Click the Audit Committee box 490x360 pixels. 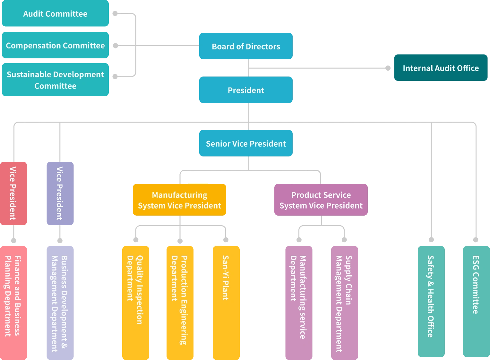pyautogui.click(x=56, y=14)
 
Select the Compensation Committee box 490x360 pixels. pyautogui.click(x=56, y=46)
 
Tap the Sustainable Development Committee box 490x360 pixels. pyautogui.click(x=56, y=80)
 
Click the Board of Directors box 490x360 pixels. pyautogui.click(x=246, y=47)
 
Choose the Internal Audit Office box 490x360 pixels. pyautogui.click(x=440, y=68)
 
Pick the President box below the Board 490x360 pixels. pyautogui.click(x=246, y=90)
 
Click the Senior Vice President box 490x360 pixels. pyautogui.click(x=246, y=143)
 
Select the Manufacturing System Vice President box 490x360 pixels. pyautogui.click(x=180, y=200)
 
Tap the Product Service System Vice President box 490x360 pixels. pyautogui.click(x=321, y=200)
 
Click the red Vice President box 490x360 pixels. pyautogui.click(x=13, y=193)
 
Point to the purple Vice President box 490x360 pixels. pyautogui.click(x=60, y=193)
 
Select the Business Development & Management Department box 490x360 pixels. pyautogui.click(x=60, y=302)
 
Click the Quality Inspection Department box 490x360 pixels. pyautogui.click(x=135, y=302)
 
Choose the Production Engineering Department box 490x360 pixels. pyautogui.click(x=179, y=302)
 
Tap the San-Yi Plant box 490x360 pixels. pyautogui.click(x=226, y=302)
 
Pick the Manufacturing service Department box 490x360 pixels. pyautogui.click(x=299, y=302)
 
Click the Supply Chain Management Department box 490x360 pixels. pyautogui.click(x=345, y=302)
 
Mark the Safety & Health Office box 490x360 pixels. pyautogui.click(x=431, y=302)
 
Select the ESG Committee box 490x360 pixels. pyautogui.click(x=476, y=302)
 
